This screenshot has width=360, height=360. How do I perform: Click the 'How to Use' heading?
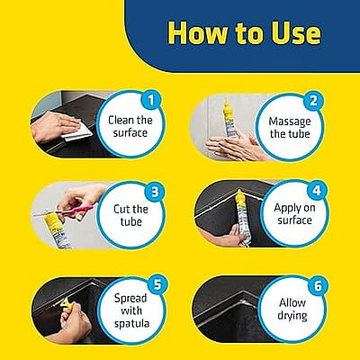click(244, 32)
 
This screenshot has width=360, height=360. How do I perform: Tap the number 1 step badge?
click(151, 100)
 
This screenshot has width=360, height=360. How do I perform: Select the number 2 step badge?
click(313, 101)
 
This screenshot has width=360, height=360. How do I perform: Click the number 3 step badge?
click(155, 192)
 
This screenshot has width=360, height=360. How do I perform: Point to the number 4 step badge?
click(317, 190)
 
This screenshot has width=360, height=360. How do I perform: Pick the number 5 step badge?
click(157, 284)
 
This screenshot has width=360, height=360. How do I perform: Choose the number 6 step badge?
click(318, 286)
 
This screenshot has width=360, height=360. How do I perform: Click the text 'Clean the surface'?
click(130, 126)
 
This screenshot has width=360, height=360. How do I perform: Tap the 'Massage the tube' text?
click(290, 128)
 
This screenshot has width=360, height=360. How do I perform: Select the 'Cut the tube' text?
click(130, 215)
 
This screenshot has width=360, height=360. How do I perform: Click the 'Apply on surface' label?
click(294, 214)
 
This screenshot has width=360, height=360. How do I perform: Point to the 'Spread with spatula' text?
click(131, 310)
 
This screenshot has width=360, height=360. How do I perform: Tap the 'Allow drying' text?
click(292, 310)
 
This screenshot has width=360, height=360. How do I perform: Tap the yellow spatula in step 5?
click(67, 304)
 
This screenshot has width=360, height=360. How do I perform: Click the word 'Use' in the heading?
click(296, 32)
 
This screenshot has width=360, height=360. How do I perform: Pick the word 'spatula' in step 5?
click(131, 324)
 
